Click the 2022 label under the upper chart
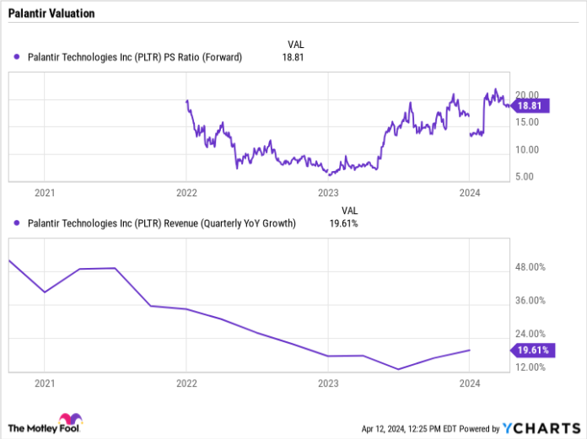(x=186, y=193)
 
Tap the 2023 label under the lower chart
(x=328, y=383)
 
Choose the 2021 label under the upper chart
(x=45, y=193)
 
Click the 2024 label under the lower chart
(x=469, y=383)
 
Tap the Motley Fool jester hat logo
(x=68, y=420)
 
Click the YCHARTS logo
(x=539, y=426)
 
